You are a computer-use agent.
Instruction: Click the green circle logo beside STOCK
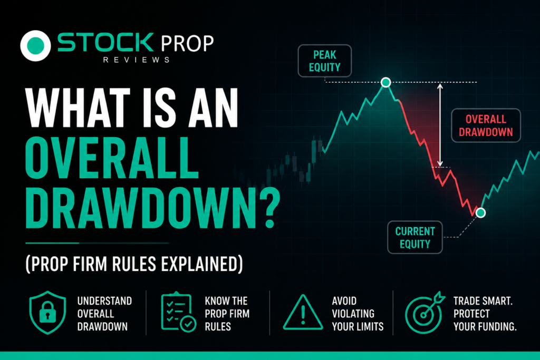coord(35,45)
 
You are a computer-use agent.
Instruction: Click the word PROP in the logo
coord(187,44)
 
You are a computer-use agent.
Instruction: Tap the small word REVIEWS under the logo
coord(137,60)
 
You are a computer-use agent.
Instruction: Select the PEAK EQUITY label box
coord(324,61)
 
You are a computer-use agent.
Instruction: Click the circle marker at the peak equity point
coord(385,82)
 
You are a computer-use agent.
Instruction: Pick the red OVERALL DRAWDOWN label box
coord(486,125)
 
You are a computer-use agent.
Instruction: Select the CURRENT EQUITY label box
coord(415,238)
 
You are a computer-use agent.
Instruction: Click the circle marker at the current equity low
coord(480,213)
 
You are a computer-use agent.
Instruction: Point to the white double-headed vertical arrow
coord(440,124)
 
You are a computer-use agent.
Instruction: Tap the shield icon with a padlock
coord(47,312)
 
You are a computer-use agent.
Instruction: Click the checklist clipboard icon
coord(178,312)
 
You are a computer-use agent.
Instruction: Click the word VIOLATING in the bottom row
coord(353,314)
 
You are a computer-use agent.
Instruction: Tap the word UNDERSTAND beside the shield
coord(104,301)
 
